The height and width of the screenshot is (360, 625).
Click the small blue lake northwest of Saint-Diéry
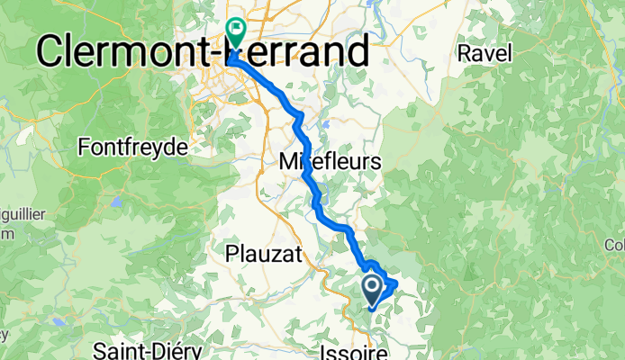tap(59, 321)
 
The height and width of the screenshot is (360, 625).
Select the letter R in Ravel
tap(465, 53)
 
